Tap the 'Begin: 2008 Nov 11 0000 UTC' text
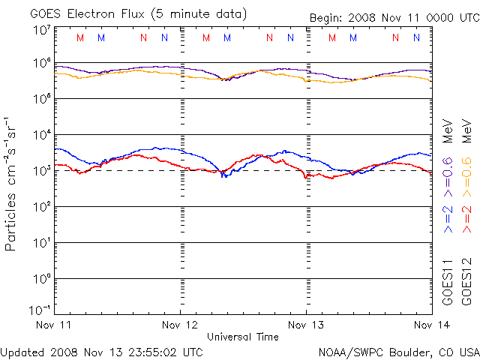(x=394, y=18)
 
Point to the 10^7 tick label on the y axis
(x=40, y=31)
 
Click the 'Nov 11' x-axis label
(x=55, y=325)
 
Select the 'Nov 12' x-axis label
(x=180, y=325)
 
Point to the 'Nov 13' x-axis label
(x=305, y=325)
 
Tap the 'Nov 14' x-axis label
(x=430, y=325)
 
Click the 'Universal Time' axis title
(x=242, y=337)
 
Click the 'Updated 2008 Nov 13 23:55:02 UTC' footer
(x=102, y=351)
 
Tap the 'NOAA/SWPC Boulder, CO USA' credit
(x=398, y=351)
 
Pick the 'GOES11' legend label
(x=448, y=281)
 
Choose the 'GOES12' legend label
(x=467, y=281)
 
